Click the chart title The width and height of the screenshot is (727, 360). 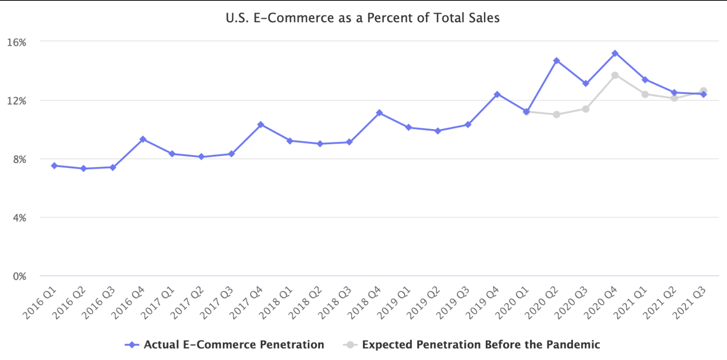(362, 18)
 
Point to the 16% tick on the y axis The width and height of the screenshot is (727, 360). (17, 42)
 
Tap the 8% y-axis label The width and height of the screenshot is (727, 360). (19, 159)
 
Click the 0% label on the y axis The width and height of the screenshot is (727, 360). (19, 276)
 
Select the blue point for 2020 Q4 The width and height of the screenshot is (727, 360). (615, 54)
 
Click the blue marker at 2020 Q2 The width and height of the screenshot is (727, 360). (556, 61)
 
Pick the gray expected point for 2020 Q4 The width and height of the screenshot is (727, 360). (615, 75)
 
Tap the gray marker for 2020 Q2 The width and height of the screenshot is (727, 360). (556, 114)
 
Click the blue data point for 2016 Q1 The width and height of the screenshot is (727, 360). (54, 166)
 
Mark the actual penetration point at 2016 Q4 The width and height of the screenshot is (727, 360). (143, 139)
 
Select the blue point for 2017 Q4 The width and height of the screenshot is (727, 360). (260, 125)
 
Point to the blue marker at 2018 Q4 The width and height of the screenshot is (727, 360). (379, 113)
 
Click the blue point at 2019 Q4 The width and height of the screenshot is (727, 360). (497, 94)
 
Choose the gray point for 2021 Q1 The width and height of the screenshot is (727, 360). (645, 94)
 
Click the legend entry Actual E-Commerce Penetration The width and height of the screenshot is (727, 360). (225, 345)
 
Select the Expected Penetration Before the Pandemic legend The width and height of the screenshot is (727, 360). (472, 345)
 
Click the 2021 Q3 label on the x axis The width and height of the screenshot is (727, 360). (689, 303)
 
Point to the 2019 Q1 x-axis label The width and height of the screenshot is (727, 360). (394, 303)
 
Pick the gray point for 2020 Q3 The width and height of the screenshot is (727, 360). (585, 109)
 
